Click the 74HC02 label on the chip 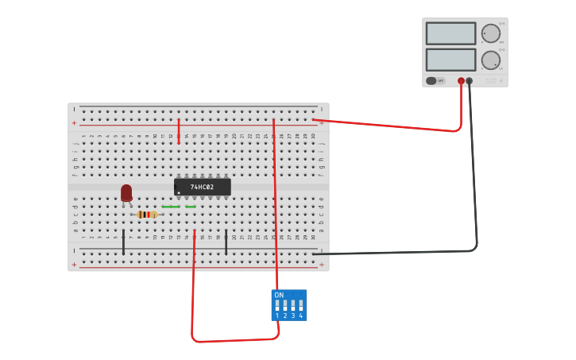[x=202, y=187]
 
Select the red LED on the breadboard [x=126, y=192]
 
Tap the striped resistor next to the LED [x=147, y=214]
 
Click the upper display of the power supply [x=450, y=33]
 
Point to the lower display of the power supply [x=450, y=60]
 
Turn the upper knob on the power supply [x=491, y=33]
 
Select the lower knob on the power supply [x=491, y=60]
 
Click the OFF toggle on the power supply [x=435, y=80]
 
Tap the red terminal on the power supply [x=461, y=81]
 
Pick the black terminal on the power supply [x=470, y=81]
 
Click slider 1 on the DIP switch [x=277, y=305]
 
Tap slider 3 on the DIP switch [x=293, y=305]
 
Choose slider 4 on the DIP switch [x=300, y=305]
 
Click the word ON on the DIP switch [x=279, y=295]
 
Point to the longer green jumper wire [x=171, y=207]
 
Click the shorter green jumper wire [x=191, y=207]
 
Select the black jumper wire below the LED [x=123, y=242]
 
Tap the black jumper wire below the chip [x=226, y=242]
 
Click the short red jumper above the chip [x=179, y=131]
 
